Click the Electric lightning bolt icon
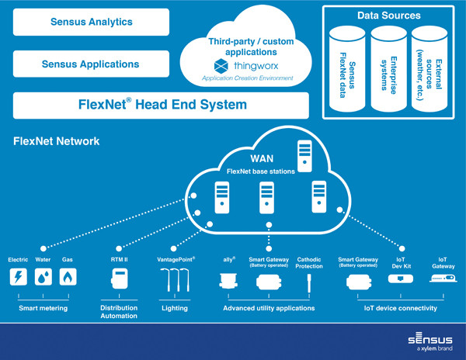coord(18,277)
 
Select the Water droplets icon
coord(43,277)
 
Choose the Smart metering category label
coord(43,308)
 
